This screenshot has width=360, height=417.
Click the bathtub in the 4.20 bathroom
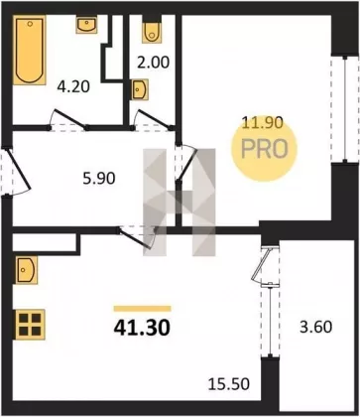[30, 50]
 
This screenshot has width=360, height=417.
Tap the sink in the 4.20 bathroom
[86, 24]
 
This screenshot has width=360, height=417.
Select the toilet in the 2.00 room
[152, 32]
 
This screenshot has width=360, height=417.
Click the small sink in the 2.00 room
[140, 89]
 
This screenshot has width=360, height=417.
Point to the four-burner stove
[30, 325]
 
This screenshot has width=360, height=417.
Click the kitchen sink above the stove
[26, 269]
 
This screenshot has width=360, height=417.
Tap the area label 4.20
[73, 87]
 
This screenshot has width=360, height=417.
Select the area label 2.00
[153, 63]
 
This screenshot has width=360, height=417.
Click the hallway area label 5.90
[99, 179]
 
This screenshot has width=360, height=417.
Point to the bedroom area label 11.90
[263, 123]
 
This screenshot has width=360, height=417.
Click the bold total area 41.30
[142, 328]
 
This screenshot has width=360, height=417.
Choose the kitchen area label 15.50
[229, 384]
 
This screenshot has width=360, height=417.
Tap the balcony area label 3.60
[315, 327]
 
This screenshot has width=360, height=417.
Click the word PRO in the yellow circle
[265, 149]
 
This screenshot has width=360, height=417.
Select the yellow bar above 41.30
[142, 309]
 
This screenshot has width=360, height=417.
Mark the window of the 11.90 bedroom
[345, 109]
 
